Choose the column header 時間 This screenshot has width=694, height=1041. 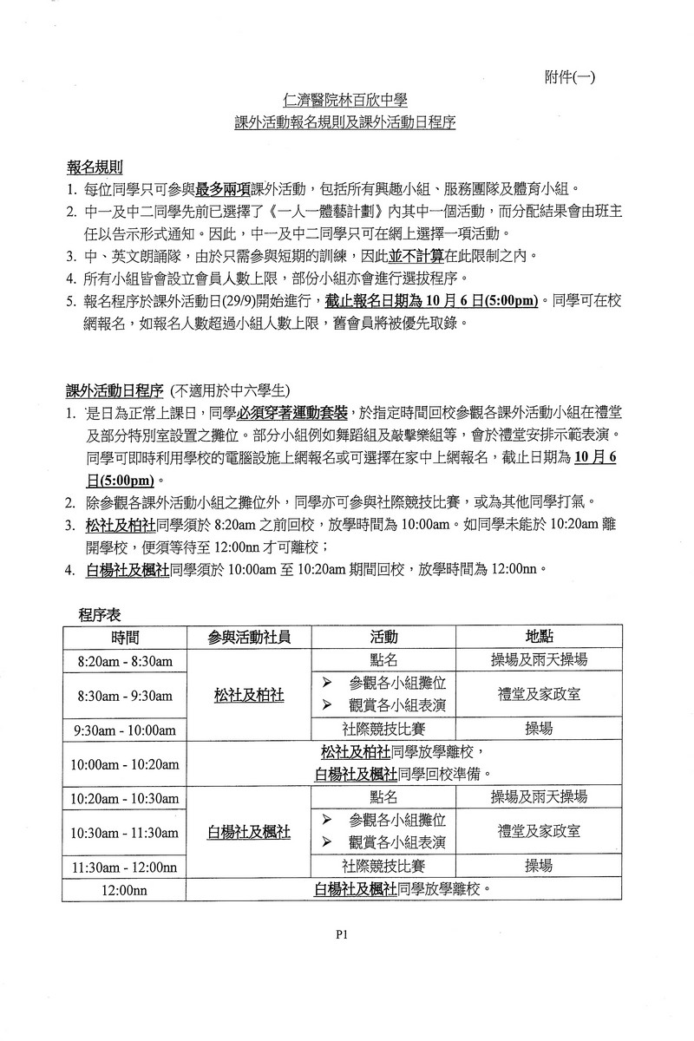pyautogui.click(x=125, y=637)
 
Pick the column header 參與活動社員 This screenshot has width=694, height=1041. pyautogui.click(x=249, y=637)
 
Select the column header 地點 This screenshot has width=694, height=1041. pyautogui.click(x=539, y=637)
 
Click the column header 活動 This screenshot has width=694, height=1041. pyautogui.click(x=383, y=637)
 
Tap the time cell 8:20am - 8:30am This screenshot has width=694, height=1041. pyautogui.click(x=125, y=660)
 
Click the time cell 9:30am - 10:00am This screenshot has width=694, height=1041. pyautogui.click(x=127, y=730)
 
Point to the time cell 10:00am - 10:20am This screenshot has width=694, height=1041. pyautogui.click(x=127, y=763)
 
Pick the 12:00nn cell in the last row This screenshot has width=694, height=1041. pyautogui.click(x=125, y=889)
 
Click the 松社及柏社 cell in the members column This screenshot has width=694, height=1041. pyautogui.click(x=249, y=695)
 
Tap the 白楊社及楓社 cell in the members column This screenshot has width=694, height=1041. pyautogui.click(x=249, y=832)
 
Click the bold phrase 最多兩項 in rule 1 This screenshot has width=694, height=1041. pyautogui.click(x=222, y=189)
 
